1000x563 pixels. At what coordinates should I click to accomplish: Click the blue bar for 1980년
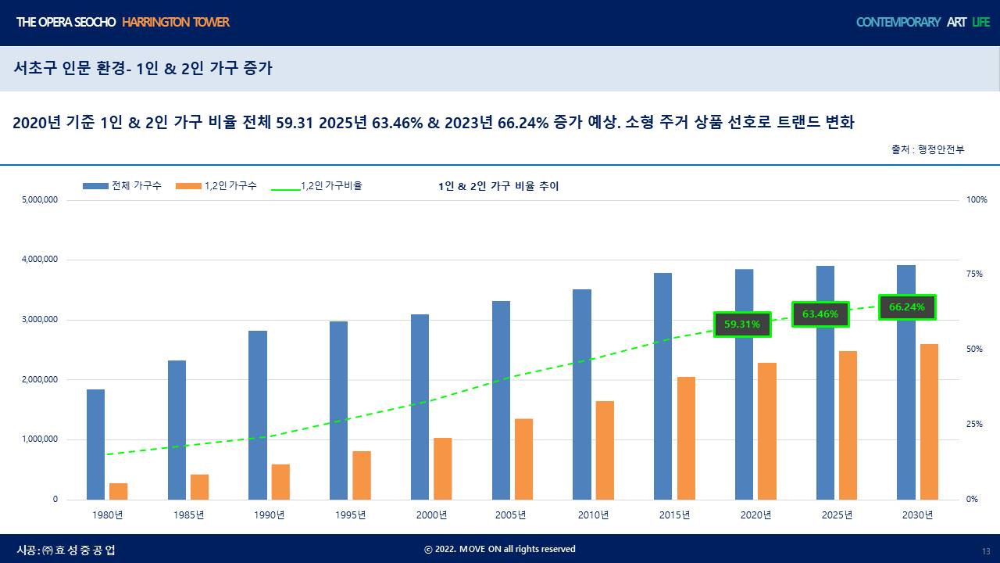pos(95,444)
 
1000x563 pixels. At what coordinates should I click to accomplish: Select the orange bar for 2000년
pos(443,468)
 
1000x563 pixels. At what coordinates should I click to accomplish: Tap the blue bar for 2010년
pos(582,394)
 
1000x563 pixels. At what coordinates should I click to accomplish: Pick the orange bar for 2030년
pos(929,421)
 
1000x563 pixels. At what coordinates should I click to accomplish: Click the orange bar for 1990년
pos(280,482)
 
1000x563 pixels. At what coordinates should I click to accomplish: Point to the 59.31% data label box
pos(742,324)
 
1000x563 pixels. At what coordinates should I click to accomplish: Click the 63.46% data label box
pos(820,314)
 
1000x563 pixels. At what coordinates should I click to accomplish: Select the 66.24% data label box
pos(907,307)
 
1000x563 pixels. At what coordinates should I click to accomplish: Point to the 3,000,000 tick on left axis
pos(40,320)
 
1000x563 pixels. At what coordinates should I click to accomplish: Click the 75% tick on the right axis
pos(974,274)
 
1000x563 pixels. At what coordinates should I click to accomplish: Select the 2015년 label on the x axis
pos(674,515)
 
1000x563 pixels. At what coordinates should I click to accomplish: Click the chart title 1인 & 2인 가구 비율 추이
pos(498,186)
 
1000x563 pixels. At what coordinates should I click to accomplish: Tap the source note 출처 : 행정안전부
pos(927,149)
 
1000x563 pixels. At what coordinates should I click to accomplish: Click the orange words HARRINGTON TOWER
pos(176,22)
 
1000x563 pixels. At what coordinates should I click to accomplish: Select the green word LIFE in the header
pos(980,22)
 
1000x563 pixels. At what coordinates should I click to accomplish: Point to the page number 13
pos(986,550)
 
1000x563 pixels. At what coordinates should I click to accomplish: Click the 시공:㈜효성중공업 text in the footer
pos(66,550)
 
